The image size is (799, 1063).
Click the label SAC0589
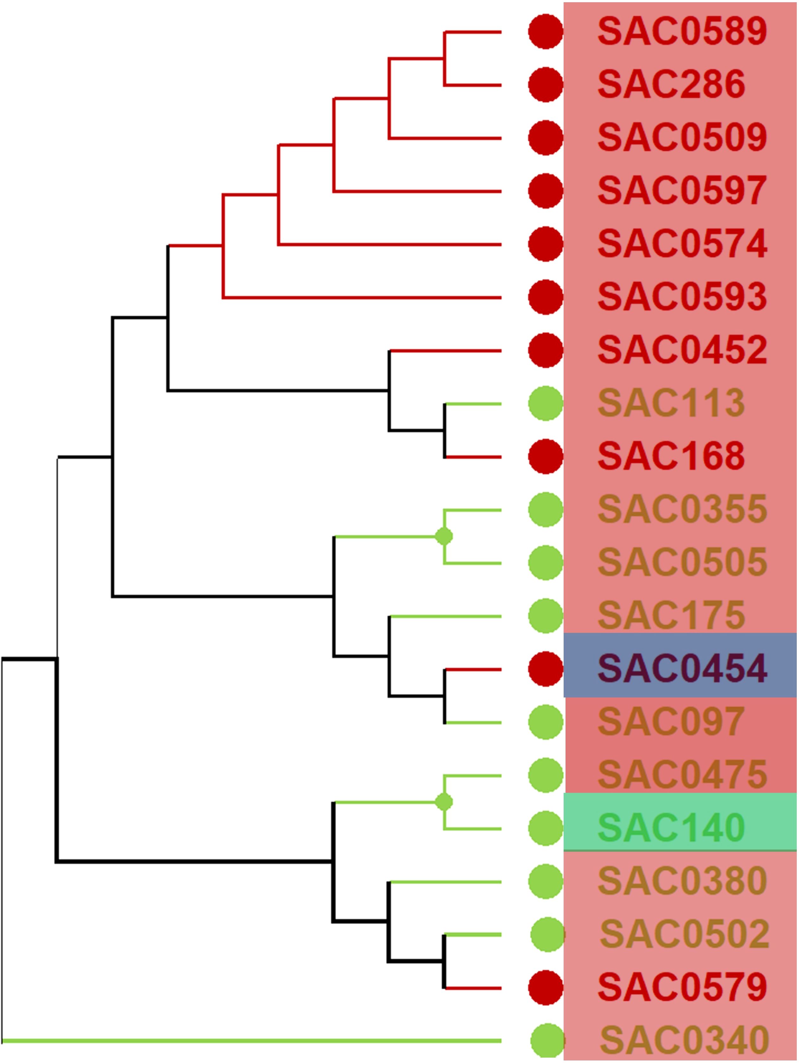(x=682, y=31)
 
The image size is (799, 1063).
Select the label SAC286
(x=671, y=85)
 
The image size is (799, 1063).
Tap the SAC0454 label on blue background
(x=682, y=669)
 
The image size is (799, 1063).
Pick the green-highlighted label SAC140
(x=671, y=828)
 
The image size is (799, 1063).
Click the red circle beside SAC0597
(x=546, y=191)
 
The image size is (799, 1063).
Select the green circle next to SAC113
(x=546, y=404)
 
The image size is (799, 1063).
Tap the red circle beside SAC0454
(x=546, y=669)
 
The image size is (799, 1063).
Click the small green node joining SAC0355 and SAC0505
(x=444, y=536)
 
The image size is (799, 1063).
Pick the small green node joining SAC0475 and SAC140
(x=444, y=802)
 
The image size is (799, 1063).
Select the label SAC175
(x=671, y=616)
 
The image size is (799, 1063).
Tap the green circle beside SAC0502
(x=547, y=934)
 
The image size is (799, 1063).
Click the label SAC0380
(x=682, y=882)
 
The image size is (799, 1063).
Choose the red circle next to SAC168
(x=546, y=456)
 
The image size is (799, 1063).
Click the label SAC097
(x=671, y=722)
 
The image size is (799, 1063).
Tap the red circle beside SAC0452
(x=546, y=350)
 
